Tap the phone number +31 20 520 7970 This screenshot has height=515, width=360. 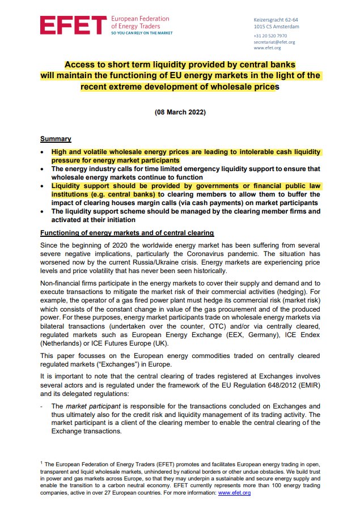270,36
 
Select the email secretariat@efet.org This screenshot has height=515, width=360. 274,42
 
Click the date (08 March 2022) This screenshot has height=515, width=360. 180,112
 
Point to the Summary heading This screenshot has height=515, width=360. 55,139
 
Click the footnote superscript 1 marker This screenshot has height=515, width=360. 41,463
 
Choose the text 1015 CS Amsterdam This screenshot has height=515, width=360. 277,27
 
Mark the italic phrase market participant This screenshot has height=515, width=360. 86,406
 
